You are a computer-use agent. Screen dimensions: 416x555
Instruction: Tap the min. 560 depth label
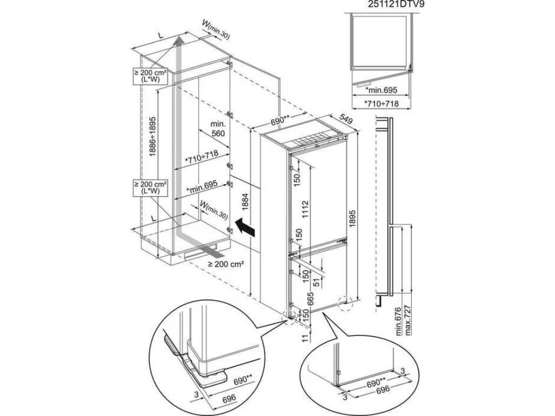point(217,129)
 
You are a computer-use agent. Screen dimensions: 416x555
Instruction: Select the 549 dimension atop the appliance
point(346,119)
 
